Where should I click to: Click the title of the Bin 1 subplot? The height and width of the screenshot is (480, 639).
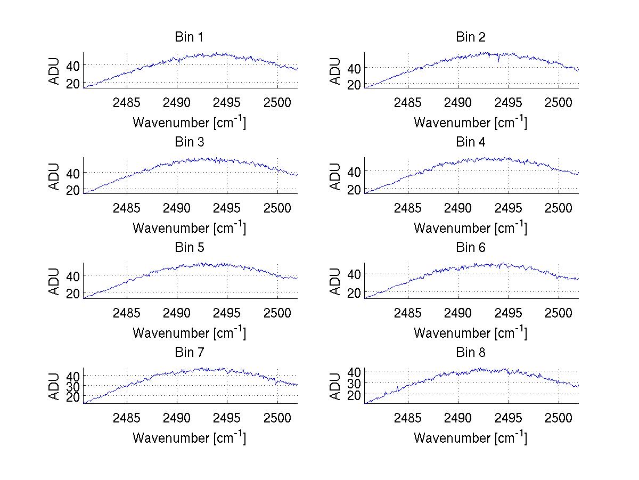pos(189,37)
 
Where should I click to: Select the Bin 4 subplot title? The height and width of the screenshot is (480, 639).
pos(471,142)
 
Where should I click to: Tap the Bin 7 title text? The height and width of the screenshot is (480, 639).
pos(189,353)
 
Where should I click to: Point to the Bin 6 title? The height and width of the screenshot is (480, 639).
pos(471,247)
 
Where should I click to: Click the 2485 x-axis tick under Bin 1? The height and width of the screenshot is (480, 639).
pos(127,102)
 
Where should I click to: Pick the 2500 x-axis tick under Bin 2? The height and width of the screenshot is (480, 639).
pos(558,102)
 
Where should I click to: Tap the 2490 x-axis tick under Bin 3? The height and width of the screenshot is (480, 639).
pos(177,207)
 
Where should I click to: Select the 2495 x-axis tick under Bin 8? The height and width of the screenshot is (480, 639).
pos(509,418)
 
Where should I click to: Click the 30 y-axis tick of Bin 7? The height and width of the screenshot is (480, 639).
pos(73,385)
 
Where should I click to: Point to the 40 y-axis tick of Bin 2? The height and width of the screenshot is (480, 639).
pos(354,68)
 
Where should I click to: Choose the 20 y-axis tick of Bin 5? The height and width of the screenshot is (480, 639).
pos(73,293)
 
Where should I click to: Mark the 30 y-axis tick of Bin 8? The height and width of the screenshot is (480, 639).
pos(354,383)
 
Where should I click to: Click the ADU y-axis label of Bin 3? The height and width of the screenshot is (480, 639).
pos(55,176)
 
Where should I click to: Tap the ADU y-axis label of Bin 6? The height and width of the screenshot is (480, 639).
pos(336,281)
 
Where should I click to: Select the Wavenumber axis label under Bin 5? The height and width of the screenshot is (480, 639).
pos(189,333)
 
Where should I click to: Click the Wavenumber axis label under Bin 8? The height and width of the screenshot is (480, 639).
pos(471,438)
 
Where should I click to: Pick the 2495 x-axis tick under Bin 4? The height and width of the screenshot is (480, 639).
pos(509,207)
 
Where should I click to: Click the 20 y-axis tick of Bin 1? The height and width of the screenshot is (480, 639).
pos(73,83)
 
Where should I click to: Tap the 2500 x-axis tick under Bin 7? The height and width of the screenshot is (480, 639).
pos(277,418)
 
